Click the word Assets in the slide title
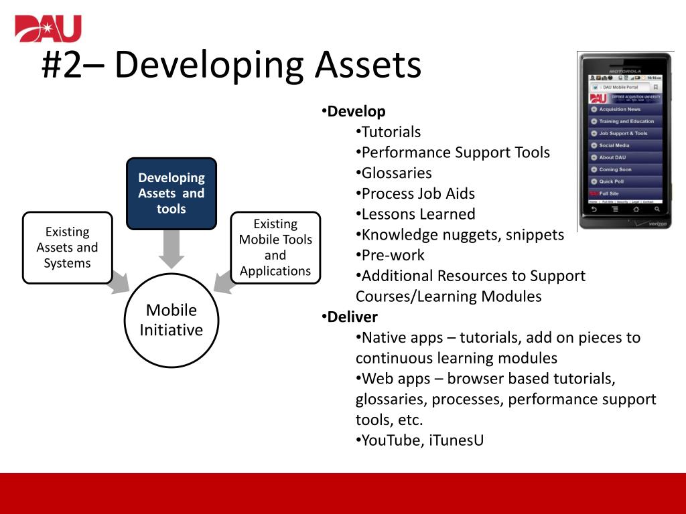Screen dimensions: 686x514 (x=368, y=66)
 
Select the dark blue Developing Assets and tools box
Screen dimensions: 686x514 (x=171, y=193)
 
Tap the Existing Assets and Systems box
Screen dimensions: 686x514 (x=67, y=247)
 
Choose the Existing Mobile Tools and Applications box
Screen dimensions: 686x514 (x=275, y=247)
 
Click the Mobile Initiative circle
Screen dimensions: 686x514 (x=171, y=320)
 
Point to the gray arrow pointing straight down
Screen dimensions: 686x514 (x=171, y=248)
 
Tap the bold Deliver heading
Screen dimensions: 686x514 (x=352, y=317)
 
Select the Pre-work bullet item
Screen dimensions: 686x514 (x=393, y=255)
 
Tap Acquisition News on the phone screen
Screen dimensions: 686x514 (x=620, y=109)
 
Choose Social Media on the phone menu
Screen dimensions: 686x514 (x=614, y=145)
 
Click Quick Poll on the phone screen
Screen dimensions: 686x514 (x=611, y=181)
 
